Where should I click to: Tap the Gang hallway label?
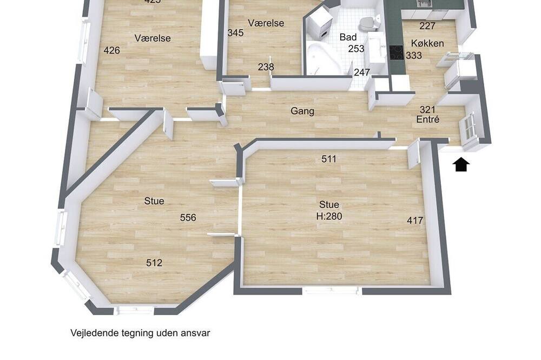tap(302, 111)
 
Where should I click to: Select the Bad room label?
tap(348, 37)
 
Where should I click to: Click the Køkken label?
tap(427, 43)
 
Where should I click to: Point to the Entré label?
tap(428, 119)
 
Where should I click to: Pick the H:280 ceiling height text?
tap(329, 216)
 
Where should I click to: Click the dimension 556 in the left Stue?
tap(188, 218)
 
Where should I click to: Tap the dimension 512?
tap(154, 263)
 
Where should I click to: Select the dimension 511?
tap(329, 159)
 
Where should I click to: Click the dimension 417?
tap(415, 221)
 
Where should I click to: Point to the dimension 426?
tap(112, 51)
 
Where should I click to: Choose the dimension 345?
tap(236, 33)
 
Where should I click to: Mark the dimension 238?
tap(266, 66)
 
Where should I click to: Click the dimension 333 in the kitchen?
tap(414, 55)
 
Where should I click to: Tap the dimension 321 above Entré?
tap(427, 110)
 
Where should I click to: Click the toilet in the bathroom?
tap(368, 23)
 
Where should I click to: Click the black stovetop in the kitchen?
tap(396, 53)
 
